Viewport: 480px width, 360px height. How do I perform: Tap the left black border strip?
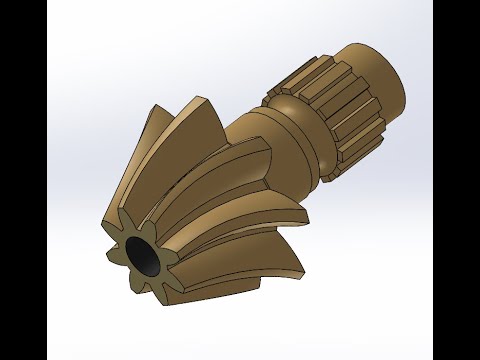tap(23, 180)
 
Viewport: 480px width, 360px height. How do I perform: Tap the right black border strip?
tap(456, 180)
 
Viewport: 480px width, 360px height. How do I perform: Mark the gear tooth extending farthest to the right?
tap(305, 215)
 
